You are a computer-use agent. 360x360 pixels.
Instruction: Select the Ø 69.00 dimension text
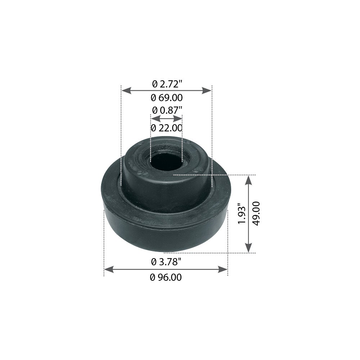(167, 98)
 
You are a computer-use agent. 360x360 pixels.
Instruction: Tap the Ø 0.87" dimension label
(167, 110)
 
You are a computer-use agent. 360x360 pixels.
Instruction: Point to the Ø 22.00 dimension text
(167, 128)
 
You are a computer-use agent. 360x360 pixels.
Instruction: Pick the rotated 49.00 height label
(256, 213)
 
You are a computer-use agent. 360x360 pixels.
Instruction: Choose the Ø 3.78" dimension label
(166, 262)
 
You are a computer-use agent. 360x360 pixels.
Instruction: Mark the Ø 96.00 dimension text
(166, 278)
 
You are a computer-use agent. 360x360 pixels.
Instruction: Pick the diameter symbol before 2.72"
(155, 84)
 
